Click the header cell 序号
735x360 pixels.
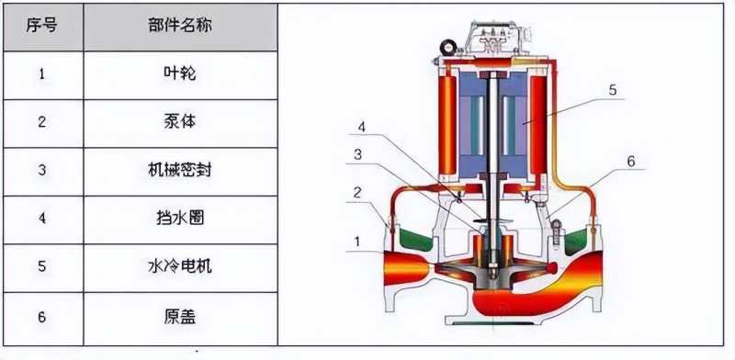43,27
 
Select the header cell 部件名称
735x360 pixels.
180,27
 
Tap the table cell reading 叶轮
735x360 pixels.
180,75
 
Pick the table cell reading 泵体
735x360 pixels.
180,123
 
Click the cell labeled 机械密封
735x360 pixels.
180,172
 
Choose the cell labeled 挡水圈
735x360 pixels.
180,219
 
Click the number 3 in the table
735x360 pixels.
42,170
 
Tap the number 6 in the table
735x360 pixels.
42,318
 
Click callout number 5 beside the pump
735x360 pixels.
613,89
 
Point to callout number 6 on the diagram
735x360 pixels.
631,162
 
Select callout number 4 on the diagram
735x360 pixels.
362,127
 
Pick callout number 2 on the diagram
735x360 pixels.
357,192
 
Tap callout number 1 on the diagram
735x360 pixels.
357,242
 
